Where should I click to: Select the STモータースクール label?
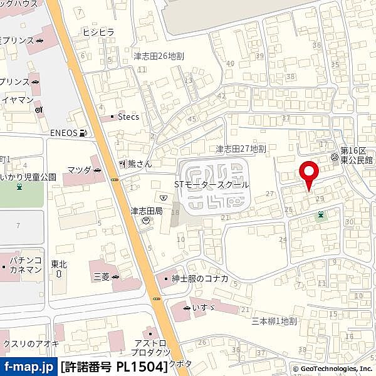212,185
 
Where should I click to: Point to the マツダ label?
79,170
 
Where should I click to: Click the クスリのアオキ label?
30,343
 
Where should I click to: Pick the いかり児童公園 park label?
28,177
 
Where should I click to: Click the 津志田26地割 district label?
158,56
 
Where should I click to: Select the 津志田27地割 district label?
241,149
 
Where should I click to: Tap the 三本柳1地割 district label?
273,321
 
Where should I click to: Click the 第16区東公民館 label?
356,155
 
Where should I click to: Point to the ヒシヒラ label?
97,32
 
